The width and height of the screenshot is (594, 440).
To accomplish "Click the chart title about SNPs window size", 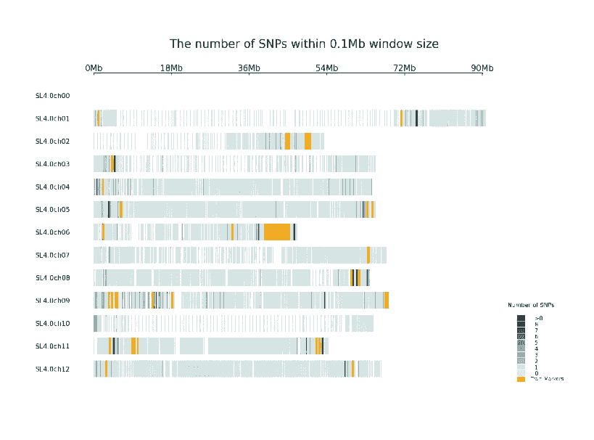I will pos(304,44).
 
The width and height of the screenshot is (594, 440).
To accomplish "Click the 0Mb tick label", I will pos(94,68).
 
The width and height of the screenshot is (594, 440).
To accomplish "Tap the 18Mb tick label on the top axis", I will pos(171,68).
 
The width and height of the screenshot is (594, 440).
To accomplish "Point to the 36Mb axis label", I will pos(249,68).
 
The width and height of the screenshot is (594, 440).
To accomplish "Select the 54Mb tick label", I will pos(326,68).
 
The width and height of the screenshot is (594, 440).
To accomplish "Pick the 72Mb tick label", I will pos(405,68).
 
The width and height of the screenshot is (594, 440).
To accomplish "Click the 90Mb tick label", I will pos(482,68).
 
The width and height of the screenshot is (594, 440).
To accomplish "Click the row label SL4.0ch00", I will pos(53,95).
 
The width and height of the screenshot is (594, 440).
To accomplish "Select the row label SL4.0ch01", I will pos(53,118).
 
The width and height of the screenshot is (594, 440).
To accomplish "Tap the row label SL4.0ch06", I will pos(53,232).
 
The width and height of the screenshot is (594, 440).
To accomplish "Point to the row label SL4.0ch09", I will pos(53,301).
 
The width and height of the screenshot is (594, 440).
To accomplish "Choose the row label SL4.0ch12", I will pos(53,369).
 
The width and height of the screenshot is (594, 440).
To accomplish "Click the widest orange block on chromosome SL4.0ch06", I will pos(277,232).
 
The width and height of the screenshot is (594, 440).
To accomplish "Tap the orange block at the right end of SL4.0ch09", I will pos(387,301).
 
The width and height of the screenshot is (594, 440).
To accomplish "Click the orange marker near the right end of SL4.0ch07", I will pos(368,255).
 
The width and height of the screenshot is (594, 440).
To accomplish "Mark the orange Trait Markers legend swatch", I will pos(521,379).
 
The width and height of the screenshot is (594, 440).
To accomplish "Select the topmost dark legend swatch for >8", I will pos(521,318).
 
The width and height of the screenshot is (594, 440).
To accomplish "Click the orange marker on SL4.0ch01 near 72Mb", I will pos(401,118).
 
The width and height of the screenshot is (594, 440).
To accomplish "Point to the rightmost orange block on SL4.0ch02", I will pos(308,141).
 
